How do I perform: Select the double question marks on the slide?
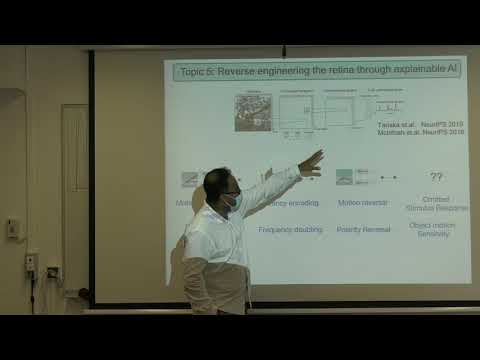click(436, 177)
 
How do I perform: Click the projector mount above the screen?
click(283, 49)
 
